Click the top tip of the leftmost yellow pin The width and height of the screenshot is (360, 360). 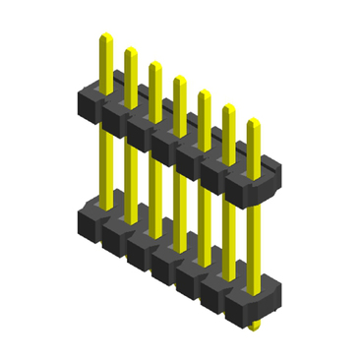[104, 36]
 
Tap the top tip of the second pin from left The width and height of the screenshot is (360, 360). [130, 49]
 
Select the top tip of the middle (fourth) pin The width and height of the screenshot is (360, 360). [179, 79]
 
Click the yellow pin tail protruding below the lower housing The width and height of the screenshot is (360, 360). [254, 323]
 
